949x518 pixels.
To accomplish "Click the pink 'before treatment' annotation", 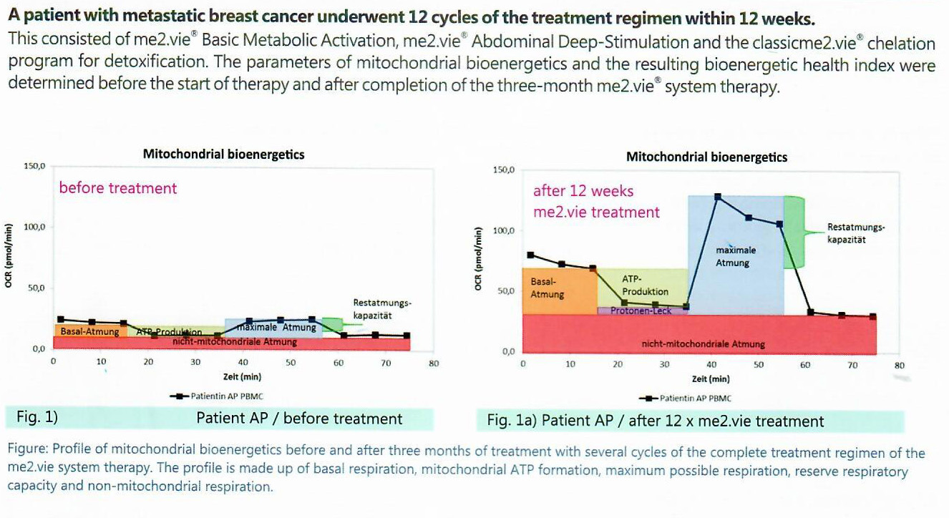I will click(x=118, y=188).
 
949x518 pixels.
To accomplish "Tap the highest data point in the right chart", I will click(x=717, y=196).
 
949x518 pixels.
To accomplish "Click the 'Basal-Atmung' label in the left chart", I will click(x=89, y=332).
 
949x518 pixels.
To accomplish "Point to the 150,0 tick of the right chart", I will click(x=504, y=170).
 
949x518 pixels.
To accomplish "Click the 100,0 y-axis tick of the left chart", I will click(x=35, y=228).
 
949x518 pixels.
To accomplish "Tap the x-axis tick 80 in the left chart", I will click(x=433, y=363).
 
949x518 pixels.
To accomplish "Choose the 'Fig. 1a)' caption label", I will click(x=512, y=421).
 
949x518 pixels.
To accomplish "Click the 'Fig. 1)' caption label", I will click(x=42, y=418).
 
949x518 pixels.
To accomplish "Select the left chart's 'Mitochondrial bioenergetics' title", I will click(x=223, y=154).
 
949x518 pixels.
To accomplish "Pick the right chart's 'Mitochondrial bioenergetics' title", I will click(x=706, y=157).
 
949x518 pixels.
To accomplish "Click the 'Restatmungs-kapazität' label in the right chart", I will click(x=856, y=233).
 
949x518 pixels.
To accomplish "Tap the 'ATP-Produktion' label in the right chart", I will click(x=645, y=285).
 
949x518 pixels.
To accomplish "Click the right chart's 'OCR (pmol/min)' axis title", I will click(x=479, y=259).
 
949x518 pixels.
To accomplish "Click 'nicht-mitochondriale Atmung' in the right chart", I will click(x=703, y=344).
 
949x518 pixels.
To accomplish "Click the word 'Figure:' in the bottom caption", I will click(x=28, y=452).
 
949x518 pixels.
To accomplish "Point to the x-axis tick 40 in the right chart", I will click(x=711, y=365).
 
